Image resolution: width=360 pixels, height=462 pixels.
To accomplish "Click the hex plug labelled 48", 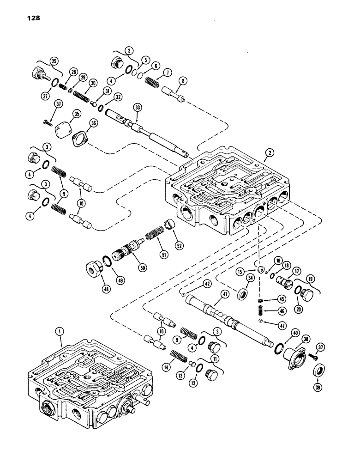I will tap(94, 269).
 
